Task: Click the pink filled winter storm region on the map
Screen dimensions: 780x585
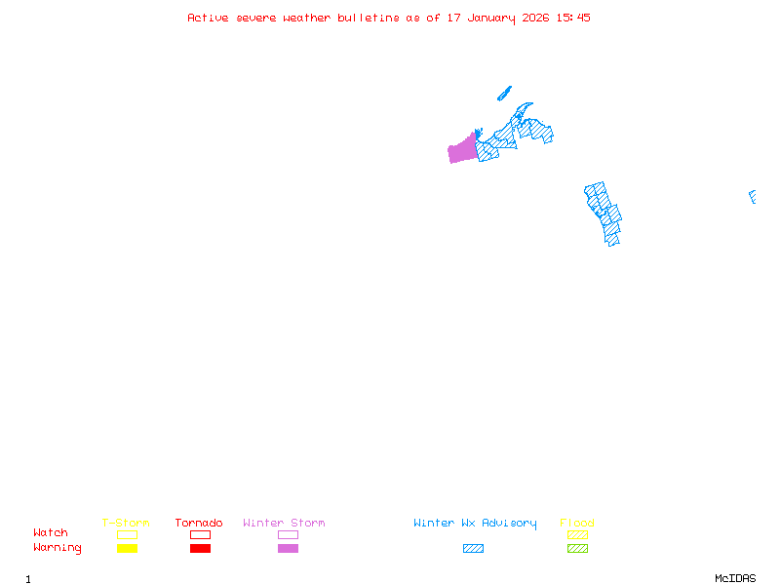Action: coord(462,151)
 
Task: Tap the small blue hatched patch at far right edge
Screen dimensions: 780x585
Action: coord(753,197)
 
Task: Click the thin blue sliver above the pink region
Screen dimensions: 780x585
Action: coord(504,94)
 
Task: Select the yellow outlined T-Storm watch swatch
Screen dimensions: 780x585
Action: coord(127,534)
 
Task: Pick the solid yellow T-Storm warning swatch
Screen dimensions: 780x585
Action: coord(127,549)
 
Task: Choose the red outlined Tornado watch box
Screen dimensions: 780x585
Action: coord(200,534)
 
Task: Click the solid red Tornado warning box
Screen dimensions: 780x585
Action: coord(200,549)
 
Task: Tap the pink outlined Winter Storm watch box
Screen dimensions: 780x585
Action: coord(288,534)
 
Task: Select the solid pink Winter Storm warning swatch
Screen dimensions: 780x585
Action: coord(288,549)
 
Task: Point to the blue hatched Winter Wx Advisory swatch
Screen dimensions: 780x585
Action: coord(473,549)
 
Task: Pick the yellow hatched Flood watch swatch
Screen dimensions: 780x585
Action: coord(577,534)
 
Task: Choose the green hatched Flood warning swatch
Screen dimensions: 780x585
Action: coord(577,549)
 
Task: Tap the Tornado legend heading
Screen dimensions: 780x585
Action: coord(199,524)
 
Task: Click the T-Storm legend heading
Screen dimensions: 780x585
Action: coord(126,524)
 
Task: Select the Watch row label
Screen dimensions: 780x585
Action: coord(51,533)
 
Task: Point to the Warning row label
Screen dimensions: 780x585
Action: coord(58,548)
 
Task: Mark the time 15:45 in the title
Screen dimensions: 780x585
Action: coord(573,18)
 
